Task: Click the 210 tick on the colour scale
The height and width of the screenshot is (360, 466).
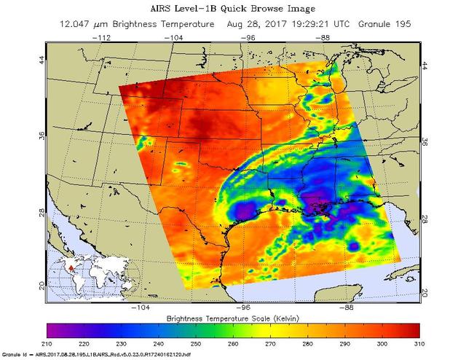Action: pyautogui.click(x=48, y=343)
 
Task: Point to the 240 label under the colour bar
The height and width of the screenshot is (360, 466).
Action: pyautogui.click(x=158, y=343)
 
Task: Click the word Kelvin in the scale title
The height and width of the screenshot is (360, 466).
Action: pyautogui.click(x=288, y=318)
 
